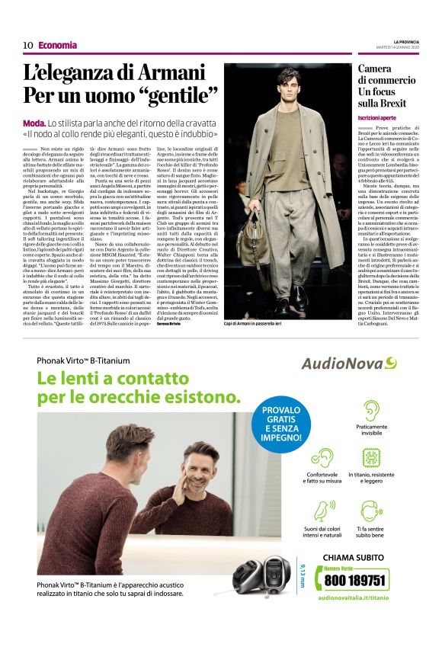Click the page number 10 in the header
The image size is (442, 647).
[28, 45]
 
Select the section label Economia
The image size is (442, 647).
[57, 45]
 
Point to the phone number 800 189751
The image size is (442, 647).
[356, 581]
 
